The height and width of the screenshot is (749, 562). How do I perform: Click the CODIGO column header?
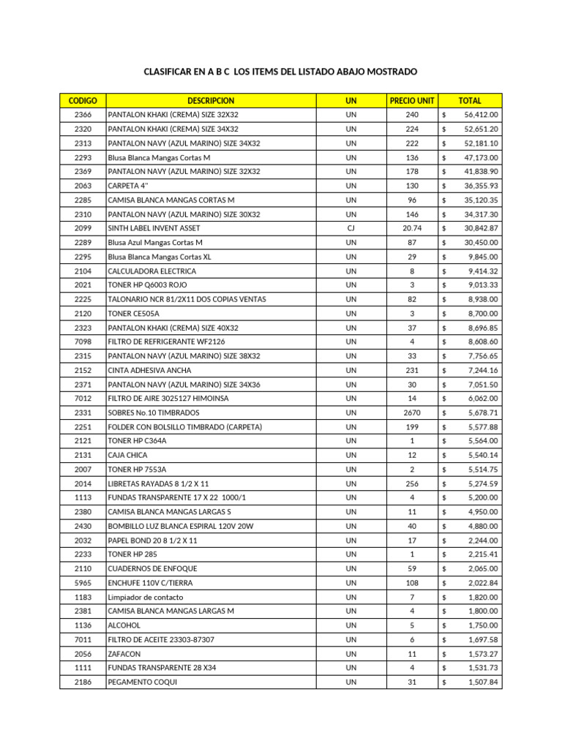(x=83, y=100)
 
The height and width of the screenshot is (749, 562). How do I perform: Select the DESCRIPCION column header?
(x=211, y=100)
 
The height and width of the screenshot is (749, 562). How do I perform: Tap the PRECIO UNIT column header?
(x=412, y=100)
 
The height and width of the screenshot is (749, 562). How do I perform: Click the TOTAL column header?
(x=470, y=100)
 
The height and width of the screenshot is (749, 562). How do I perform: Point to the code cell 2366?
(x=83, y=115)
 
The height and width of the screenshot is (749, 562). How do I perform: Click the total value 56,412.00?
(x=481, y=115)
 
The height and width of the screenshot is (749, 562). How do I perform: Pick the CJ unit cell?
(x=351, y=228)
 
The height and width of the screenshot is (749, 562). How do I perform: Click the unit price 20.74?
(x=412, y=228)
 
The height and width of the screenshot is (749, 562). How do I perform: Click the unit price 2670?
(x=412, y=413)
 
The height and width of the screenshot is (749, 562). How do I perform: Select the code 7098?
(x=83, y=342)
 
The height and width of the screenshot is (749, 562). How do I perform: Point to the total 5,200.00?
(x=481, y=497)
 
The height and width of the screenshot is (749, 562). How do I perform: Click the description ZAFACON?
(x=124, y=653)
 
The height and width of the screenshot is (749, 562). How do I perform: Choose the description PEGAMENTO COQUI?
(x=142, y=682)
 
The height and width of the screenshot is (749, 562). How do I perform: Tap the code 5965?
(x=83, y=582)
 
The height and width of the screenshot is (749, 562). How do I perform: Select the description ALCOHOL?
(x=124, y=625)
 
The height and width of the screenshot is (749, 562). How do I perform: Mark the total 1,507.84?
(x=481, y=682)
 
